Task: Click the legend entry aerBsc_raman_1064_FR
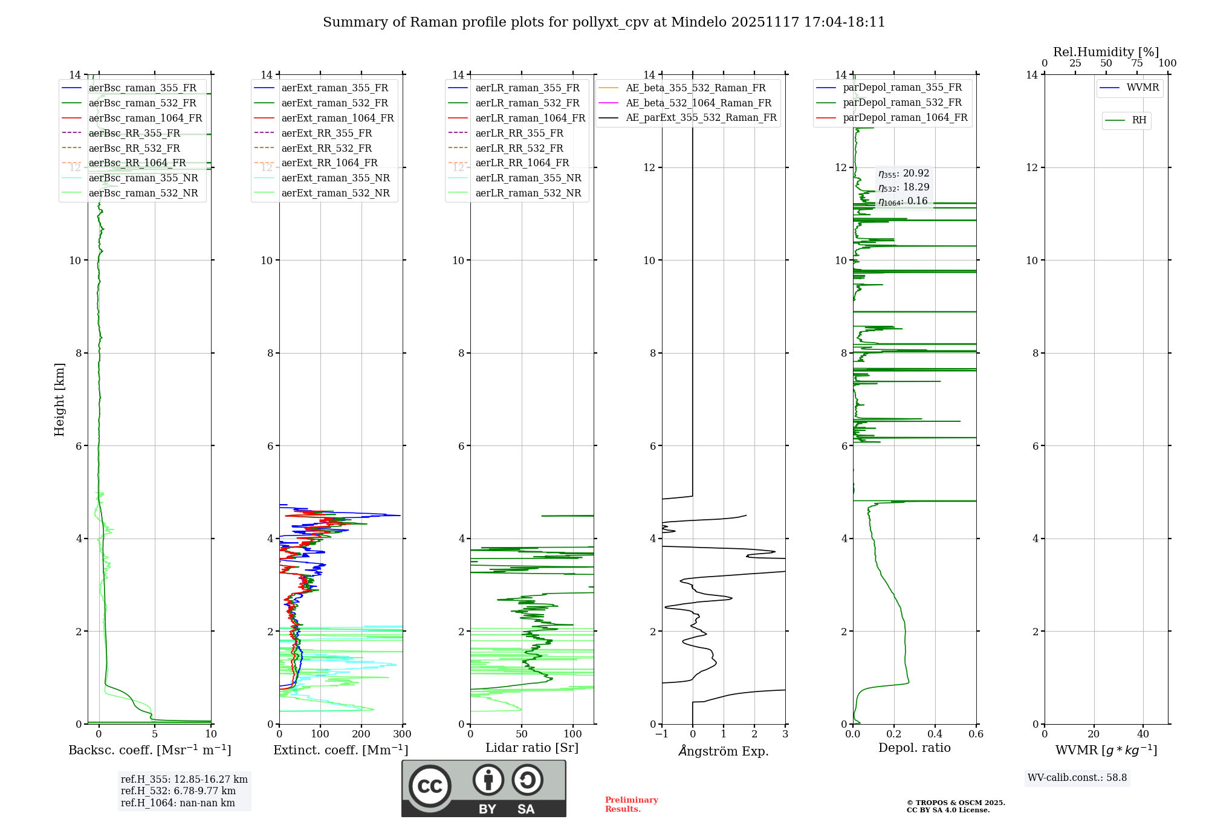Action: pyautogui.click(x=145, y=118)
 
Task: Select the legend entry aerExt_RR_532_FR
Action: pyautogui.click(x=326, y=148)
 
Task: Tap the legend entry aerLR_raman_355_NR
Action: pyautogui.click(x=528, y=178)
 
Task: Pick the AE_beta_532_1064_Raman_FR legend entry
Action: pyautogui.click(x=698, y=103)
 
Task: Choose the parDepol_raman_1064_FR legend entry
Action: pyautogui.click(x=905, y=117)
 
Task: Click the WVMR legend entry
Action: pyautogui.click(x=1143, y=88)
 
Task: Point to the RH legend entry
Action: pyautogui.click(x=1139, y=120)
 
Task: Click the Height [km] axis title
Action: pyautogui.click(x=59, y=399)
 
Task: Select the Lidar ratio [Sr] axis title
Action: pyautogui.click(x=532, y=748)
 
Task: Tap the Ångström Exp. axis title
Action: pyautogui.click(x=724, y=751)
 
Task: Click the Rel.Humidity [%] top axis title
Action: pyautogui.click(x=1106, y=52)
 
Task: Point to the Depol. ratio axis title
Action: pyautogui.click(x=915, y=748)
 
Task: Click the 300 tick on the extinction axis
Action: pyautogui.click(x=403, y=734)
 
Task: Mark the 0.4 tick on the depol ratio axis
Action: pyautogui.click(x=935, y=734)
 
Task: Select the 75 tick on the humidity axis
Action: pyautogui.click(x=1137, y=63)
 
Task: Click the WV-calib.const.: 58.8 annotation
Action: pyautogui.click(x=1077, y=778)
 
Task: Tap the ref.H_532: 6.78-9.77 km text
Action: pyautogui.click(x=178, y=791)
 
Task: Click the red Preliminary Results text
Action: pyautogui.click(x=631, y=804)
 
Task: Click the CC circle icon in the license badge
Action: pyautogui.click(x=430, y=786)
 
